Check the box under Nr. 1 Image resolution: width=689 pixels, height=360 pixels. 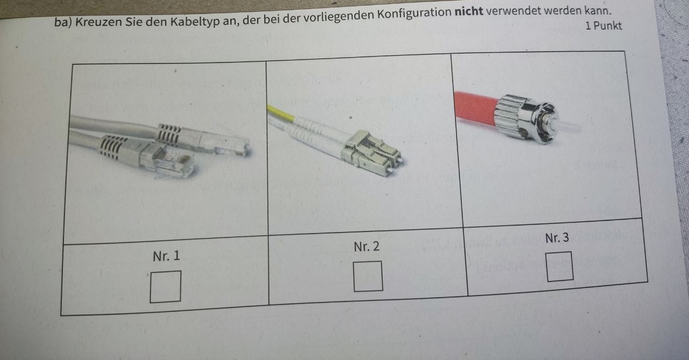165,286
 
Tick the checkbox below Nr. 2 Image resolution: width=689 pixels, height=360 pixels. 368,276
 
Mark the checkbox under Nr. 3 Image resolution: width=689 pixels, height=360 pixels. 559,266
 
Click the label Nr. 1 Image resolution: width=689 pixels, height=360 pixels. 166,256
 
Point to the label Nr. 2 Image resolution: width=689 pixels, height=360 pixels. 367,246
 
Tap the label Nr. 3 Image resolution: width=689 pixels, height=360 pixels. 557,238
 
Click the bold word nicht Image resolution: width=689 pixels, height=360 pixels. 469,12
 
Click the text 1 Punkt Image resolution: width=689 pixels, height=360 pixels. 603,26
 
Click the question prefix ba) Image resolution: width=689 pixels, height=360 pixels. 63,23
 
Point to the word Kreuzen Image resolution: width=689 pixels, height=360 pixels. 99,22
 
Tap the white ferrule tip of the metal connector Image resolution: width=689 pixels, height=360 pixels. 567,126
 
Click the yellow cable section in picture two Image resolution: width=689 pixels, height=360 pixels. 281,113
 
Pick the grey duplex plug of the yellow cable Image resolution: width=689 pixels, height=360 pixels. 372,152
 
